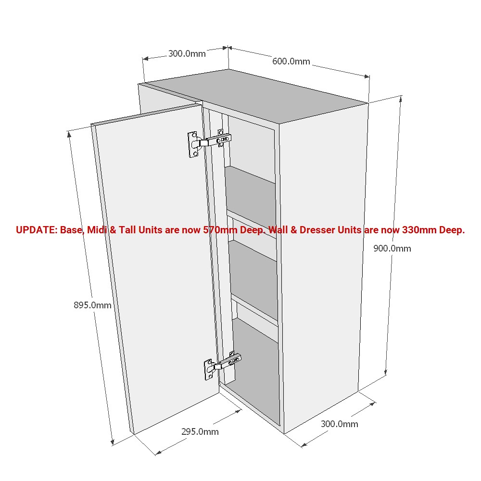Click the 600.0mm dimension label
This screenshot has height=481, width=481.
tap(291, 62)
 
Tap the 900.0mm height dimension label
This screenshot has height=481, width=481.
tap(392, 249)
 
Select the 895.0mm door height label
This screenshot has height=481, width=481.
tap(92, 305)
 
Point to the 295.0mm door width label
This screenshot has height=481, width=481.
tap(200, 432)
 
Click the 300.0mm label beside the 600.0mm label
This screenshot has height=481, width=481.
tap(187, 54)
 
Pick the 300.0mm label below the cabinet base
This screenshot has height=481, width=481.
tap(339, 424)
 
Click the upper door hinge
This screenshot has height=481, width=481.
tap(209, 142)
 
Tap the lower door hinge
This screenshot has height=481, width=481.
tap(222, 365)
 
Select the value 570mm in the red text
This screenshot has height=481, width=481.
tap(220, 230)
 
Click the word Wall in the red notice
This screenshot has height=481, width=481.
tap(278, 230)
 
